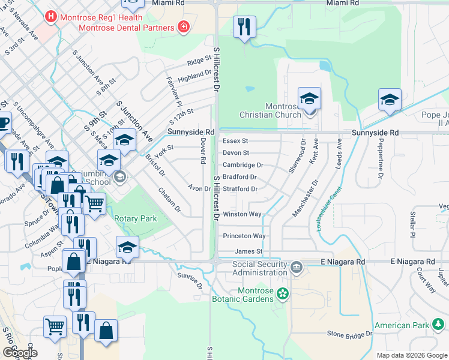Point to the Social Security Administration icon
(x=295, y=266)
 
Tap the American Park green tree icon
(x=439, y=326)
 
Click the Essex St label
(x=235, y=141)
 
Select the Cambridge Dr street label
(x=243, y=165)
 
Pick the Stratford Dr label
(x=240, y=189)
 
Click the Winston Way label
(x=242, y=214)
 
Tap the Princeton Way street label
(x=244, y=236)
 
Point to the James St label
(x=249, y=251)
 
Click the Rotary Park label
(x=136, y=219)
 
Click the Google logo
(x=19, y=353)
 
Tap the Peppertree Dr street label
(x=380, y=161)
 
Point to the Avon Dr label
(x=199, y=188)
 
